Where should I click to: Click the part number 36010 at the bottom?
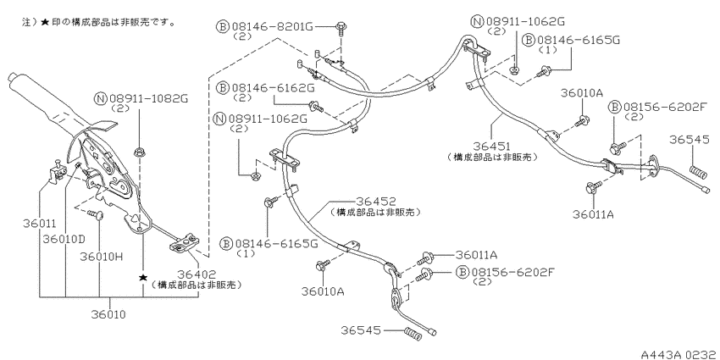pos(108,315)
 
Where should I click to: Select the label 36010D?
pos(64,240)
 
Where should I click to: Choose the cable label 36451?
pos(492,147)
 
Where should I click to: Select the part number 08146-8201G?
pos(272,26)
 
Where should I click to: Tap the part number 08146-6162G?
pos(274,87)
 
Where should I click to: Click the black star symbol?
pos(144,278)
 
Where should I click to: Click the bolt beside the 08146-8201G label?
pos(341,28)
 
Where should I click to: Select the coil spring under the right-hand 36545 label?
pos(697,172)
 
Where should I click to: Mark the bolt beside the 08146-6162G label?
pos(317,107)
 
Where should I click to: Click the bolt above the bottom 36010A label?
pos(323,265)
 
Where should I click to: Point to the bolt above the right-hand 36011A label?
pos(594,186)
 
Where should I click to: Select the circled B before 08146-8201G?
pos(222,26)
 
